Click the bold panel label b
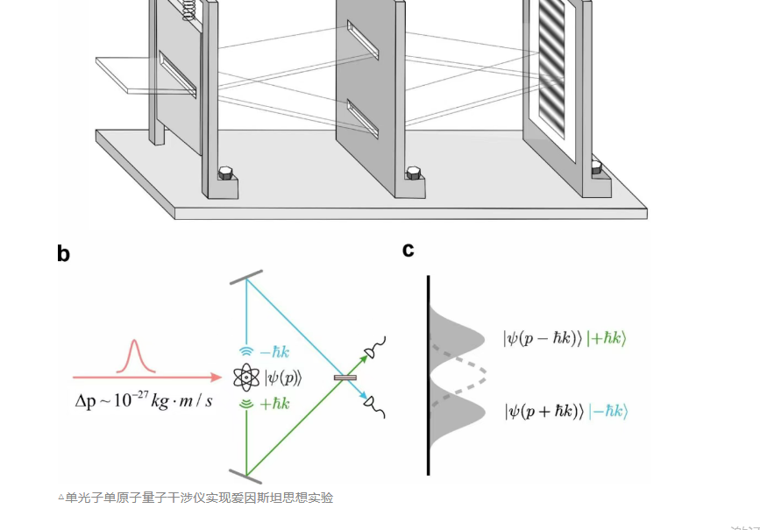point(63,254)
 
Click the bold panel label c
point(408,250)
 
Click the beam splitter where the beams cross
point(344,378)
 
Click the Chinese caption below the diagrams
point(195,498)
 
